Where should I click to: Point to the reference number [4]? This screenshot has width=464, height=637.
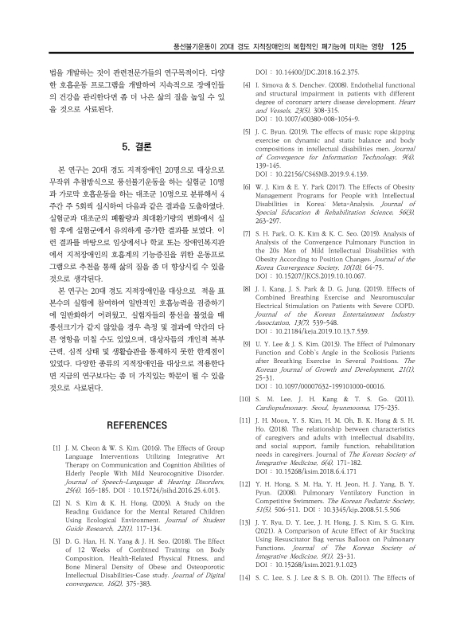point(247,83)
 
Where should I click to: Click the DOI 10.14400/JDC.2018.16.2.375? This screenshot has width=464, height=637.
point(314,69)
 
